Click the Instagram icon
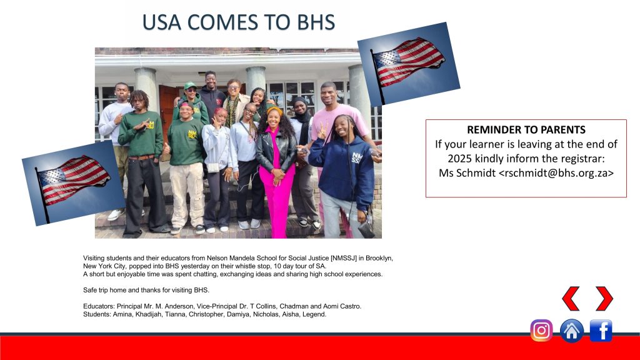(x=541, y=330)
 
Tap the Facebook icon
(x=601, y=330)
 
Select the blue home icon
(x=571, y=331)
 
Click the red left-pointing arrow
(x=571, y=298)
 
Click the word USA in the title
(x=162, y=22)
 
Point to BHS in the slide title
(x=316, y=22)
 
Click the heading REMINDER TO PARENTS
(x=526, y=130)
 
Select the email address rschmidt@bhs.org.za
(x=556, y=173)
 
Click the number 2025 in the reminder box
(x=459, y=158)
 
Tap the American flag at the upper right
(x=409, y=64)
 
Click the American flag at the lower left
(x=74, y=183)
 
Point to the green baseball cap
(x=190, y=85)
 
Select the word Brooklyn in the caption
(x=378, y=258)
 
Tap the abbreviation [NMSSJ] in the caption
(x=344, y=258)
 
